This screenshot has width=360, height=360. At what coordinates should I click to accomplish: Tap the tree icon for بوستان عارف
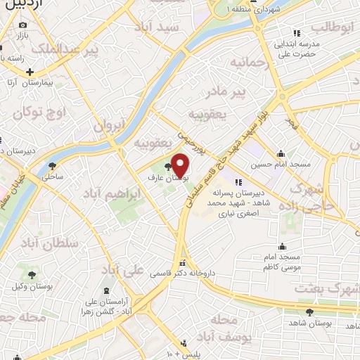[167, 167]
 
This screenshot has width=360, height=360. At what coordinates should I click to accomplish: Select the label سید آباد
[180, 27]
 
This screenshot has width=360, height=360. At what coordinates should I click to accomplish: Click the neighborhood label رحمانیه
[251, 63]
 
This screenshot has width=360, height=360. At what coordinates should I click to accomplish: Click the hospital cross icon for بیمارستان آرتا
[30, 72]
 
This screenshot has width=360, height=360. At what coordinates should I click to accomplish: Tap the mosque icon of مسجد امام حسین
[281, 154]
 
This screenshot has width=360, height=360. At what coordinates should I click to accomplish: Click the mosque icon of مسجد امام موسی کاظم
[282, 246]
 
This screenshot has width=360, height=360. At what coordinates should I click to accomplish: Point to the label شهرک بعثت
[321, 288]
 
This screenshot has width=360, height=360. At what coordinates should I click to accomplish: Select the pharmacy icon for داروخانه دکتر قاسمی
[183, 262]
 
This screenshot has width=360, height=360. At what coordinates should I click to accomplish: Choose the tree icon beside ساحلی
[53, 167]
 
